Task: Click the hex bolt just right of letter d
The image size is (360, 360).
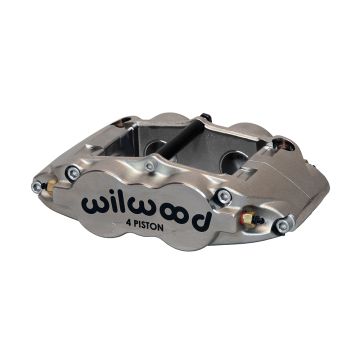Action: coord(224,196)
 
